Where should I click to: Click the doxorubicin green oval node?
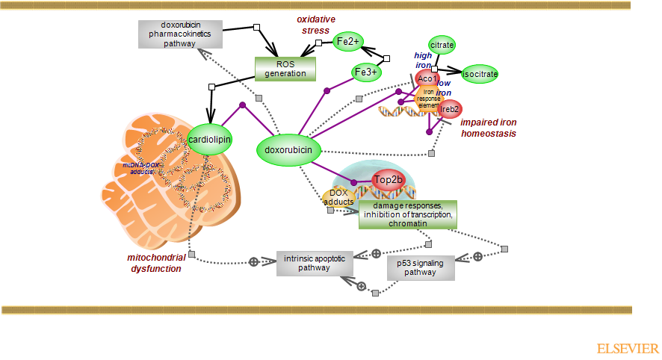point(289,150)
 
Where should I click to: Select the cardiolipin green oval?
point(208,139)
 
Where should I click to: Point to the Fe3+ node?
point(366,72)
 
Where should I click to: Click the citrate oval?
point(442,46)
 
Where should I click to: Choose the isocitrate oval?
point(479,74)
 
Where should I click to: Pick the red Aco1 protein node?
point(427,78)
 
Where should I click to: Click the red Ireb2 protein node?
point(450,110)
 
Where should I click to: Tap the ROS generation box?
point(285,69)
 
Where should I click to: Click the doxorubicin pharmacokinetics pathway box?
point(170,34)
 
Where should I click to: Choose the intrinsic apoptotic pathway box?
point(314,263)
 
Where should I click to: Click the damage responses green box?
point(407,214)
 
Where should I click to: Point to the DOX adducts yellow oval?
point(338,197)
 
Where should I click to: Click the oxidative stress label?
point(315,25)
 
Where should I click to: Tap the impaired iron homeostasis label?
point(489,128)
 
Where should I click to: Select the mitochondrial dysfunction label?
point(156,263)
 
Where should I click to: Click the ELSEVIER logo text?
point(628,349)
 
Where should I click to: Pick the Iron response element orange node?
point(429,99)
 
